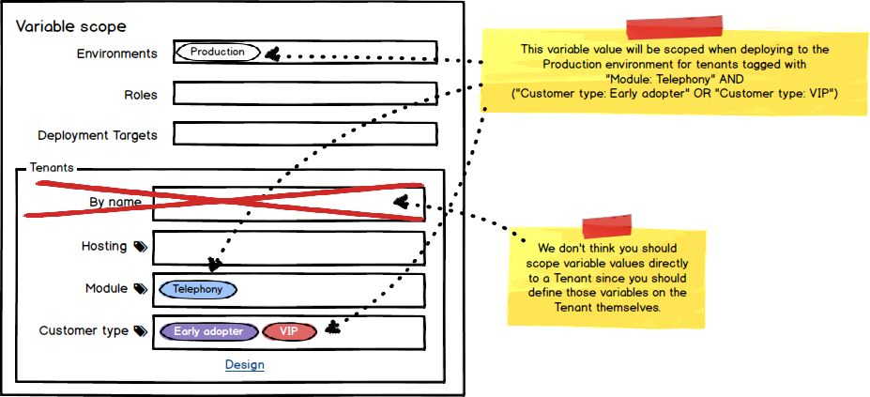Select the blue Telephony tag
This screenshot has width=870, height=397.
coord(198,290)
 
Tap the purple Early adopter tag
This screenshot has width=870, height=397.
coord(208,331)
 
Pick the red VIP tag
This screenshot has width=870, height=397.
coord(289,331)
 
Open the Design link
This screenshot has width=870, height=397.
coord(244,364)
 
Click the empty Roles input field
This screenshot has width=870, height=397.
coord(305,94)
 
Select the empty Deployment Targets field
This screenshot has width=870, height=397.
coord(305,134)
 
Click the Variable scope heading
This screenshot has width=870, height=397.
coord(70,27)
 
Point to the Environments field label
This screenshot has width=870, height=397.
coord(116,53)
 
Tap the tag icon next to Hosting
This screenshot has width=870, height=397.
coord(140,247)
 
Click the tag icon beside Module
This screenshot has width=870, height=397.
coord(140,289)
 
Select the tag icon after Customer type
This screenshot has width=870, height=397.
coord(140,331)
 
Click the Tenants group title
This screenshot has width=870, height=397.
coord(52,168)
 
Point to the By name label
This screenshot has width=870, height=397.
coord(114,202)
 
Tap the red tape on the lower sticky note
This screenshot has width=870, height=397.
coord(609,226)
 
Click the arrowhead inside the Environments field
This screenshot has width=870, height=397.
coord(272,54)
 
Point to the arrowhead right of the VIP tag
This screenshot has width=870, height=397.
coord(331,328)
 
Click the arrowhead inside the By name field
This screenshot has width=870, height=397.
coord(401,202)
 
